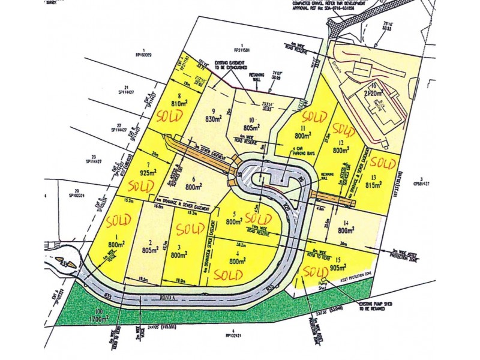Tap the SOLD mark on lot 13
(x=382, y=161)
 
